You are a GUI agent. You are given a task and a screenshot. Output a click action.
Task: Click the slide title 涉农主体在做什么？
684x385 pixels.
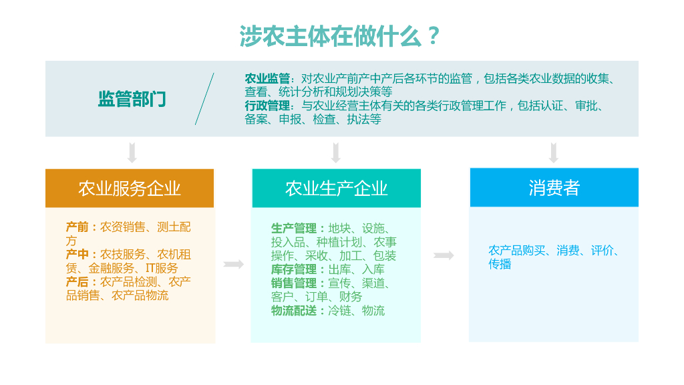pyautogui.click(x=341, y=36)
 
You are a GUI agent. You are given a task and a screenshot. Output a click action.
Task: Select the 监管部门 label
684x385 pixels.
pyautogui.click(x=132, y=100)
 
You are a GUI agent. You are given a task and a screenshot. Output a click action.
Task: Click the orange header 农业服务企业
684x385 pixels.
pyautogui.click(x=130, y=188)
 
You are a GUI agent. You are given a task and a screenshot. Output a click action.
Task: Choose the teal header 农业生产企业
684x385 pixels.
pyautogui.click(x=336, y=188)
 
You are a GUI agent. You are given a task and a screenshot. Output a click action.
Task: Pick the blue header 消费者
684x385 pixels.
pyautogui.click(x=554, y=188)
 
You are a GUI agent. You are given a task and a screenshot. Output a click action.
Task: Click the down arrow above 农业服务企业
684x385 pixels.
pyautogui.click(x=132, y=152)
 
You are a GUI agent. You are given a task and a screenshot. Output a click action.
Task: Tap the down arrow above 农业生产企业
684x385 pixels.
pyautogui.click(x=336, y=152)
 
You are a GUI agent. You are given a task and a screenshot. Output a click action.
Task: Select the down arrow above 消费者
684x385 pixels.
pyautogui.click(x=554, y=152)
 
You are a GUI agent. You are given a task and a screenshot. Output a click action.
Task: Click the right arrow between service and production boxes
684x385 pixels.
pyautogui.click(x=233, y=265)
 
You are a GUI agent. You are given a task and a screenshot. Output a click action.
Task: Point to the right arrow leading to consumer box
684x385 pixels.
pyautogui.click(x=444, y=255)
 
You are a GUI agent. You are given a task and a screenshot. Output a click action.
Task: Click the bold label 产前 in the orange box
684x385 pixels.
pyautogui.click(x=77, y=227)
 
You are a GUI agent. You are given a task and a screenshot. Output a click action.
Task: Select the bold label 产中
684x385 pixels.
pyautogui.click(x=77, y=254)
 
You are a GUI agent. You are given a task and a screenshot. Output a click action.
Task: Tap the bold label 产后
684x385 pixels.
pyautogui.click(x=77, y=281)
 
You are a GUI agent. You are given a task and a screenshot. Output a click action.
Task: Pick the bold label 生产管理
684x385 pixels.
pyautogui.click(x=294, y=229)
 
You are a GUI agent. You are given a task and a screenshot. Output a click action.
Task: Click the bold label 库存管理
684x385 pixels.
pyautogui.click(x=294, y=269)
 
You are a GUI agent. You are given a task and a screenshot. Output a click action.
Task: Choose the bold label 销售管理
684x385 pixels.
pyautogui.click(x=294, y=283)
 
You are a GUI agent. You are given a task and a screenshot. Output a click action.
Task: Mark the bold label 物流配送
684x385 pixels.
pyautogui.click(x=294, y=310)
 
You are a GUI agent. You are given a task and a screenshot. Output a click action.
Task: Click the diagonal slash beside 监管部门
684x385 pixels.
pyautogui.click(x=204, y=99)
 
